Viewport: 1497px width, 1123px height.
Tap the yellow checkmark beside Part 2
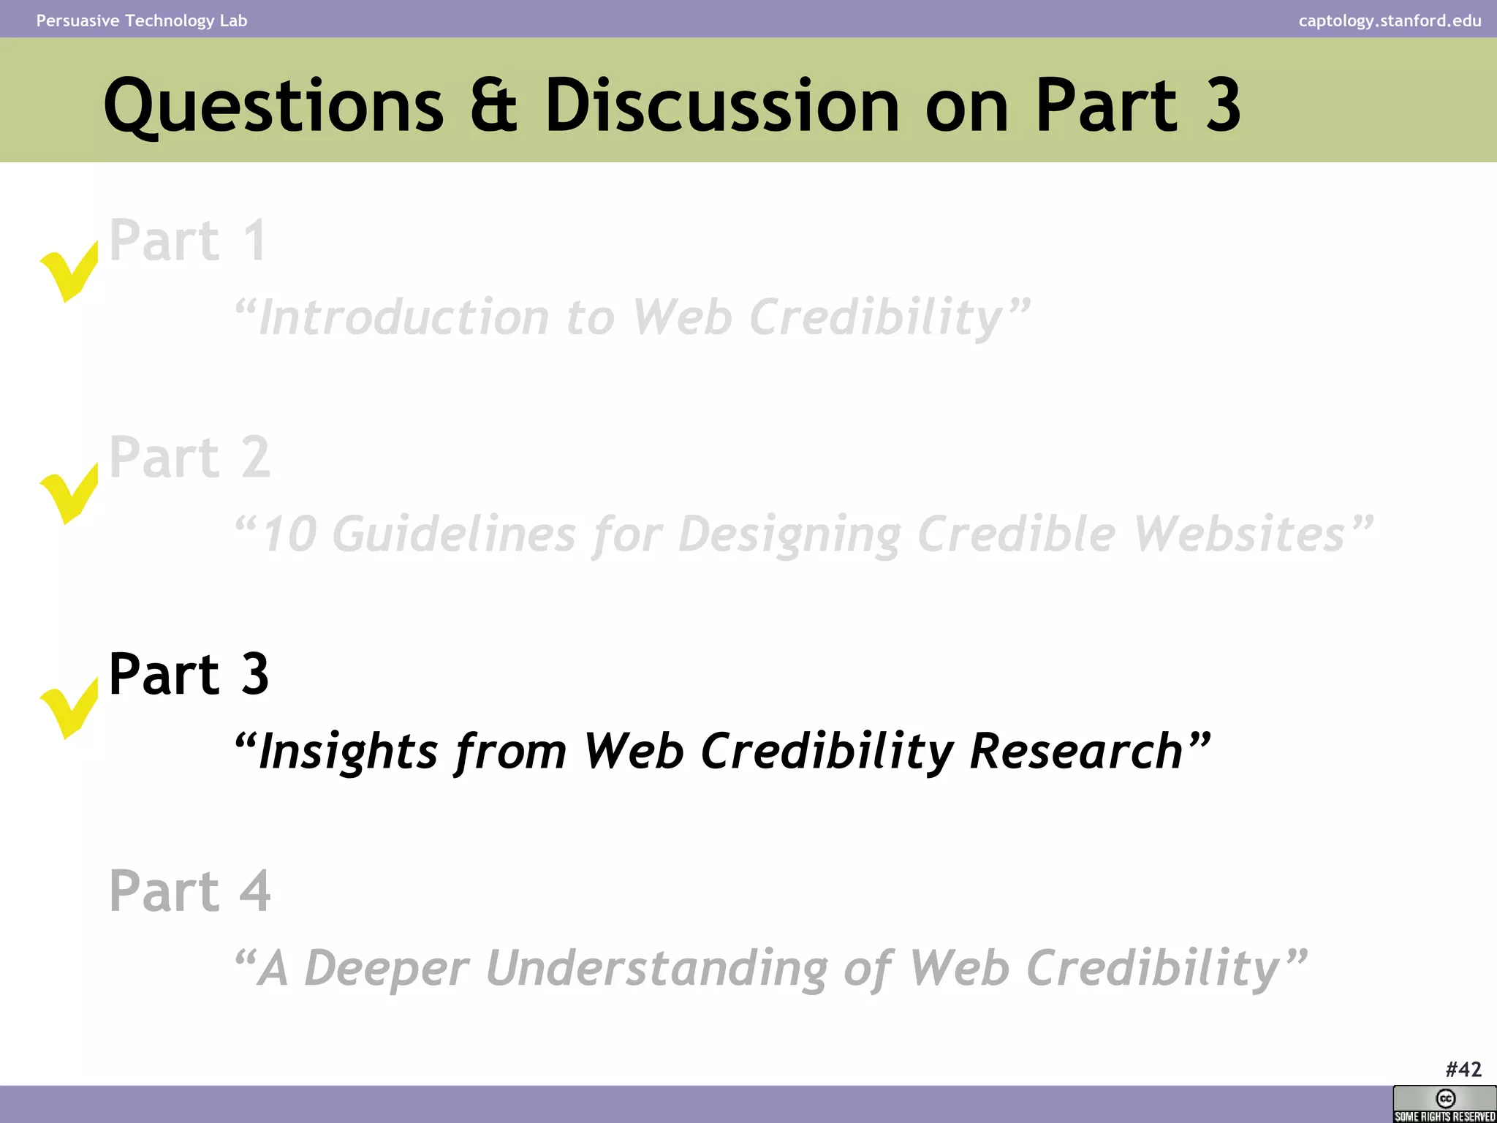[x=69, y=494]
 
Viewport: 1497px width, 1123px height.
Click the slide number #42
[x=1463, y=1069]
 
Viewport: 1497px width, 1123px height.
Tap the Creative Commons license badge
[x=1444, y=1104]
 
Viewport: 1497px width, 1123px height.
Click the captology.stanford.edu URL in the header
[x=1390, y=20]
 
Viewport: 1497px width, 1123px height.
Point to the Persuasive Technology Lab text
[x=142, y=20]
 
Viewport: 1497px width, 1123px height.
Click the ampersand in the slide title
[x=493, y=106]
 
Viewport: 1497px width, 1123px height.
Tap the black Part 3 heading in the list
[x=189, y=673]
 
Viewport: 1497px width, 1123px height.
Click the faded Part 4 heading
[x=189, y=891]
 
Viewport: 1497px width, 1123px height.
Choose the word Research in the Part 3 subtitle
[x=1076, y=751]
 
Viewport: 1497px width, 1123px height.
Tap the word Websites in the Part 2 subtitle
[x=1239, y=534]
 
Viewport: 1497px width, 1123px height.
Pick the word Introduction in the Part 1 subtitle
[x=403, y=317]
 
